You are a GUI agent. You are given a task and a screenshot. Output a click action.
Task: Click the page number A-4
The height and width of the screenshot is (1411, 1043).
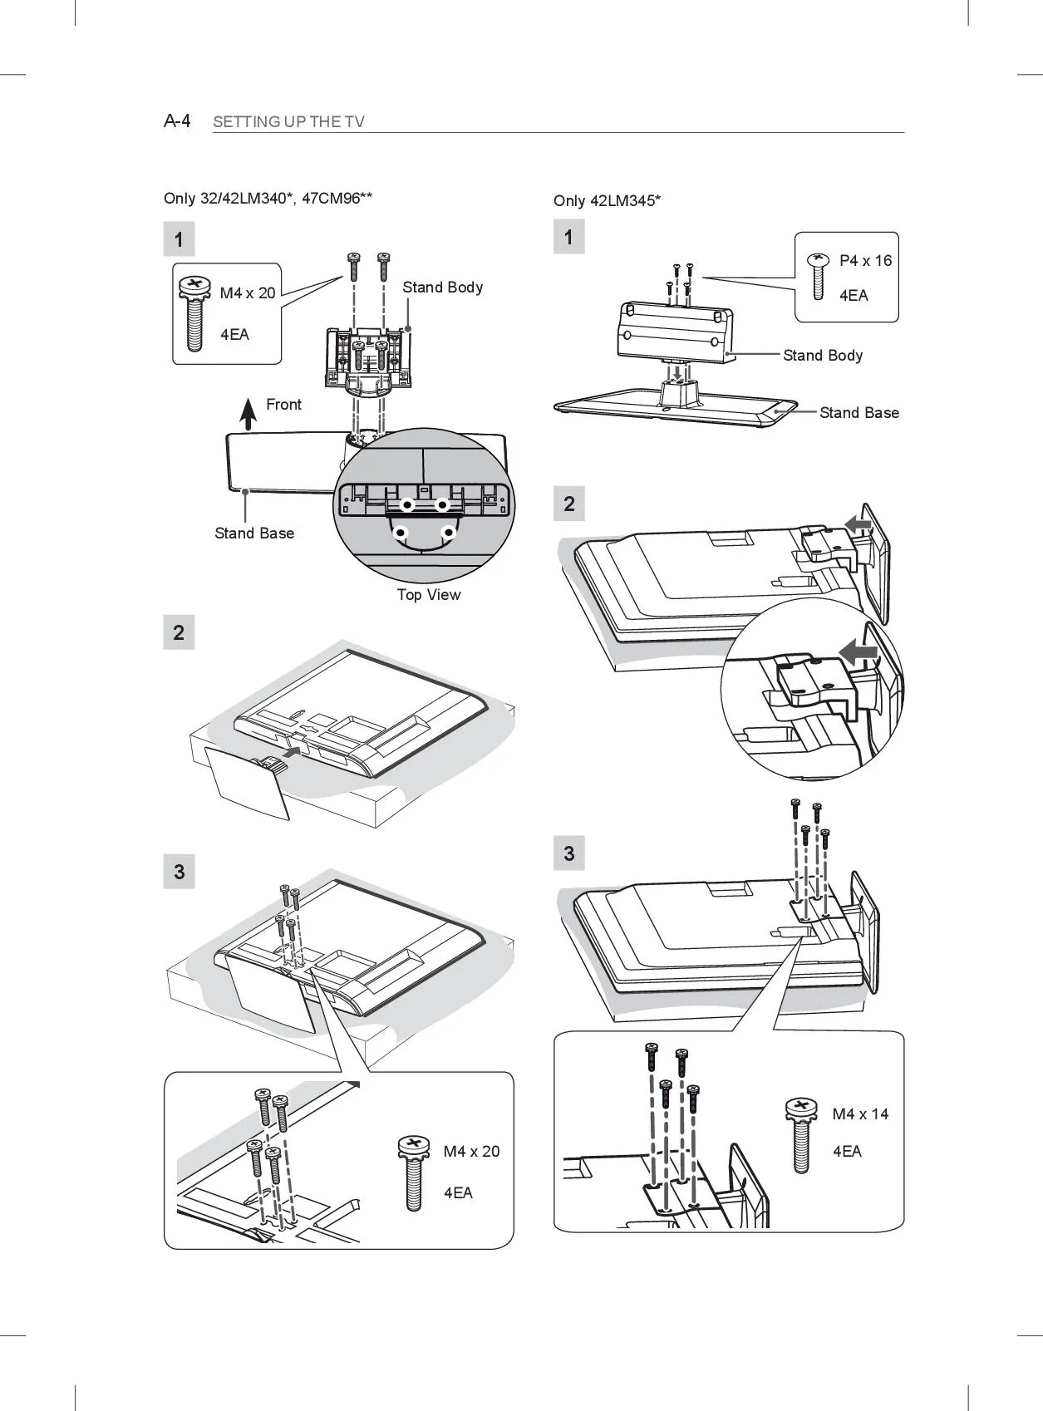click(x=177, y=121)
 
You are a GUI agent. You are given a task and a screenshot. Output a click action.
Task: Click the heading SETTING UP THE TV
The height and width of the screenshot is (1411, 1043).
click(x=288, y=122)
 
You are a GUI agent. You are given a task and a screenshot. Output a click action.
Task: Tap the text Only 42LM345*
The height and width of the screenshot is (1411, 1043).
click(x=607, y=200)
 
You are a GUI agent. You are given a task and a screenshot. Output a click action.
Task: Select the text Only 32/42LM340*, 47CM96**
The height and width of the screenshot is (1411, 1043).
click(x=268, y=198)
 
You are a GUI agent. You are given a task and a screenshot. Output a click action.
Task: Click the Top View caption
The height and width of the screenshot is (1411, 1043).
click(x=428, y=594)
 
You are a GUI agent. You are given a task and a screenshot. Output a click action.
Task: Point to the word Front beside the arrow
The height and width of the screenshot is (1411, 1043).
click(x=283, y=405)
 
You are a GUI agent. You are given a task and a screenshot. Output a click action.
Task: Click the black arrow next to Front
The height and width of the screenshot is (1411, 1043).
click(x=248, y=413)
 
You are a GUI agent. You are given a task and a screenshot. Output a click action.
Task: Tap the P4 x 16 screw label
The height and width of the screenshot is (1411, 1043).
click(x=865, y=261)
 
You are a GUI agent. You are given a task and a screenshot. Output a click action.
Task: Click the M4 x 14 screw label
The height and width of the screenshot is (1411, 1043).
click(x=860, y=1114)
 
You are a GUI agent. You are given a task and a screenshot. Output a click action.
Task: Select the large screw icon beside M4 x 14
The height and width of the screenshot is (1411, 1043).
click(x=800, y=1134)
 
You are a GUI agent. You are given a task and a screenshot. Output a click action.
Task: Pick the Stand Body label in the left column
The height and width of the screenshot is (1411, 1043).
click(x=442, y=288)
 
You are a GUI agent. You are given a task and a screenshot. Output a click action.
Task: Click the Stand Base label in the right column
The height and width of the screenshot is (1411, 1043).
click(x=859, y=413)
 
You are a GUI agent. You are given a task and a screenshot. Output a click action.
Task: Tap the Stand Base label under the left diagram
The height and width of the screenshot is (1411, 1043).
click(x=254, y=533)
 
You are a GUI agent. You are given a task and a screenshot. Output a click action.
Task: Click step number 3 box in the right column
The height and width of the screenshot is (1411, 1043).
click(x=569, y=853)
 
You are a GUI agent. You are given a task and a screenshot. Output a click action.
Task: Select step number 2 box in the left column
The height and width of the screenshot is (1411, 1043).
click(x=180, y=632)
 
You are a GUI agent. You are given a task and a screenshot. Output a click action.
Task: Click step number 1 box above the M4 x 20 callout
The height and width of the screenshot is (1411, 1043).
click(x=180, y=240)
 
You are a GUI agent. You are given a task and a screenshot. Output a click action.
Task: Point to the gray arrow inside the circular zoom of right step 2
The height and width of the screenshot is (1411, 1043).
click(x=857, y=652)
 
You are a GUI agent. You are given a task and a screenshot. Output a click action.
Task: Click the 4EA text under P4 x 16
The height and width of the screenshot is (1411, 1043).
click(x=854, y=295)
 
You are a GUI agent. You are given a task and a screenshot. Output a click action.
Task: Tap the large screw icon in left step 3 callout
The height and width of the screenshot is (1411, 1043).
click(x=413, y=1172)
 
